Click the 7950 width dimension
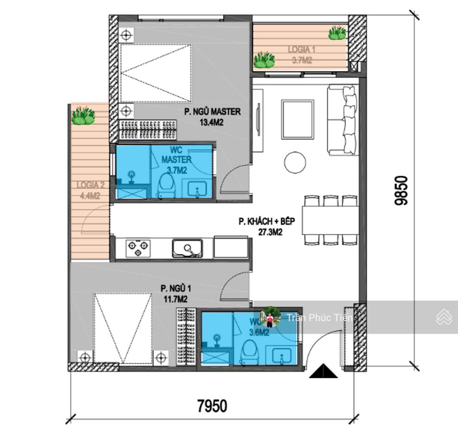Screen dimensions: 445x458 coord(212,406)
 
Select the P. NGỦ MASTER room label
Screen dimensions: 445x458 coord(212,112)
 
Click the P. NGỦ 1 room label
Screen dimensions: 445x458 coord(176,289)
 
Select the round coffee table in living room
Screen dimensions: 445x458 coord(295,162)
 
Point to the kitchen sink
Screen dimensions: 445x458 coord(187,248)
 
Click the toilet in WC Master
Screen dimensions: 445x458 coord(165,186)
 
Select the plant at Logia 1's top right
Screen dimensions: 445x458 coord(337,33)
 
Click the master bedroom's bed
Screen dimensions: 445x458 coord(156,73)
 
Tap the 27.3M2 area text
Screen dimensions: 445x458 coord(270,232)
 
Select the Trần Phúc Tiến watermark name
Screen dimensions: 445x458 coord(319,318)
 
